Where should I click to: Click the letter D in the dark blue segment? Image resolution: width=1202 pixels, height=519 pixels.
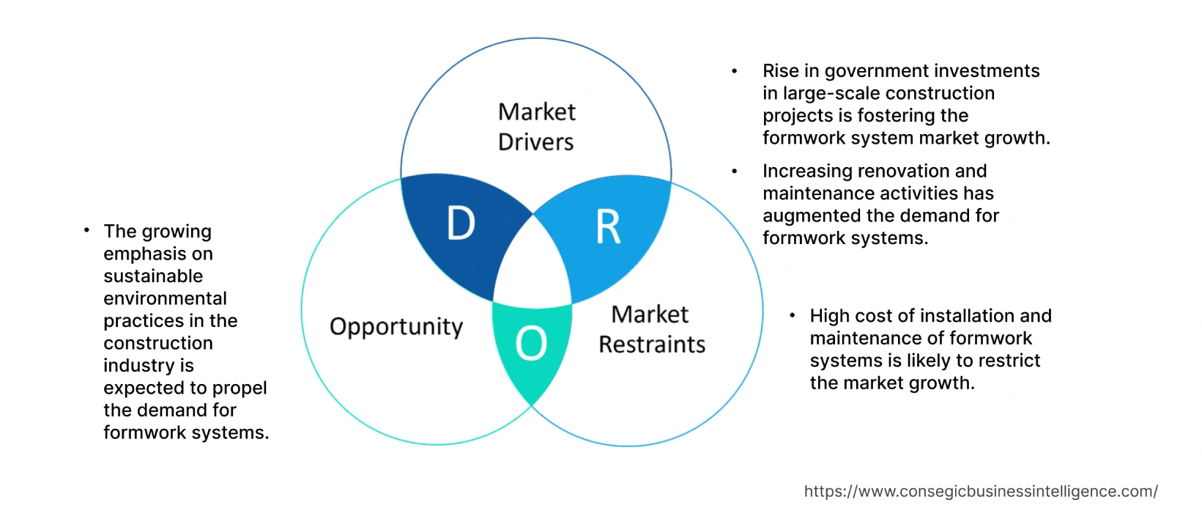tap(461, 224)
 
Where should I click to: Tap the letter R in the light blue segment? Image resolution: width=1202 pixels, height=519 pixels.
tap(608, 227)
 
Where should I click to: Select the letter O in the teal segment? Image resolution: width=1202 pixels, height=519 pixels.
tap(531, 343)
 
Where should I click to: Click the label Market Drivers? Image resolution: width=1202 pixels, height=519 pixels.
tap(536, 127)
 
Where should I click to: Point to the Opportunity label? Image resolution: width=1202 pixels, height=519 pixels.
tap(396, 326)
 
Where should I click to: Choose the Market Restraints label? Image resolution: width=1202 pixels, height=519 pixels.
tap(651, 329)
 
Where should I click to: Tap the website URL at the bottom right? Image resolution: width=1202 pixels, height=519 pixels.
tap(980, 491)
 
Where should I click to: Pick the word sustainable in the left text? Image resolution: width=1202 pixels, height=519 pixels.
tap(153, 276)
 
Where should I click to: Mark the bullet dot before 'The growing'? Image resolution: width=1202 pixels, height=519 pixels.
tap(86, 231)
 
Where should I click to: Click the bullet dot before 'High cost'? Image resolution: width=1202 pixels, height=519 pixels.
tap(793, 315)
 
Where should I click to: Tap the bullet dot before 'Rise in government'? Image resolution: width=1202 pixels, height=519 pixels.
tap(734, 71)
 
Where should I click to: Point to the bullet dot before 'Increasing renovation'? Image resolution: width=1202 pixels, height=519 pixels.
tap(734, 171)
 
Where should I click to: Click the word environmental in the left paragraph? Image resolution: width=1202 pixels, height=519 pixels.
tap(165, 298)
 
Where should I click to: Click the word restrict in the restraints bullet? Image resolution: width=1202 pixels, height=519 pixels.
tap(1013, 361)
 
